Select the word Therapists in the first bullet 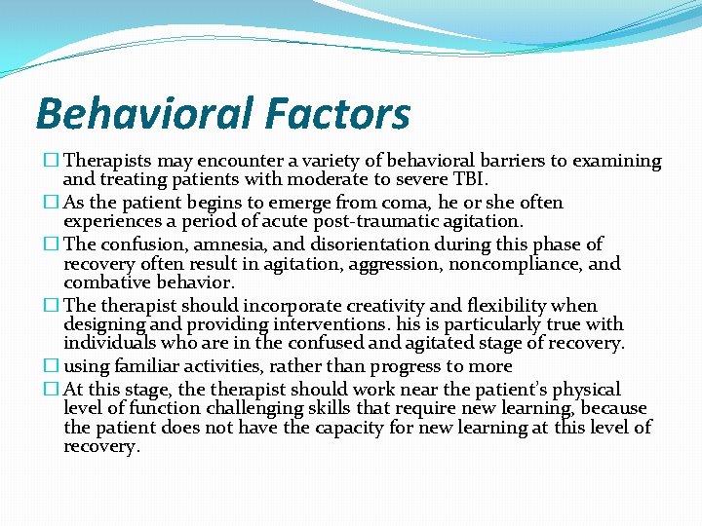pyautogui.click(x=106, y=161)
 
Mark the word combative pyautogui.click(x=104, y=283)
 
